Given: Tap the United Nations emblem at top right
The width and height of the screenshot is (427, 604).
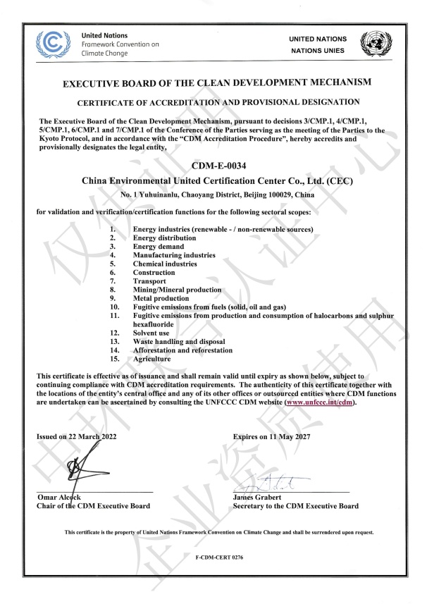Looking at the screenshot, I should coord(373,44).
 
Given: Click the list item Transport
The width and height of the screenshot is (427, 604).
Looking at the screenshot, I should coord(148,281).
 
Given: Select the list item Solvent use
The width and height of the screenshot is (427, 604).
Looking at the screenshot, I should coord(151,332).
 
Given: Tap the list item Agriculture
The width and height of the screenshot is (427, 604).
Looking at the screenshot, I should coord(151,358).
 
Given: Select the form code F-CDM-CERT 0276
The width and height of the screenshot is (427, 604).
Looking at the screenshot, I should coord(213,557).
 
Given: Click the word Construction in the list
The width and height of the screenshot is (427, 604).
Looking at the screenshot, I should coord(154,272).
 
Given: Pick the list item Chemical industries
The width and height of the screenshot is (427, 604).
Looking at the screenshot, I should coord(165,264).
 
